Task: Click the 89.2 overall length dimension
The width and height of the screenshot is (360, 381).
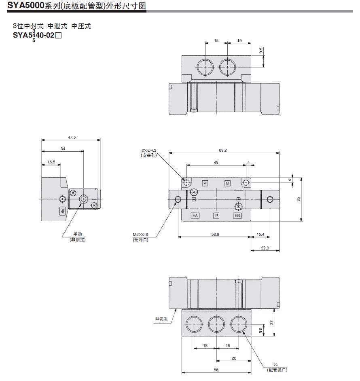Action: pos(223,150)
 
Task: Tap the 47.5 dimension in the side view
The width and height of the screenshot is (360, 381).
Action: pos(72,138)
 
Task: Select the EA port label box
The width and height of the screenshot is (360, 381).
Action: pos(195,216)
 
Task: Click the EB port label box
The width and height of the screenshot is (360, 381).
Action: pos(237,216)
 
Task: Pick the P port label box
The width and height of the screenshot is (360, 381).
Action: pos(216,216)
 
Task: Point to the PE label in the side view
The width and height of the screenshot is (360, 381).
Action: pos(63,211)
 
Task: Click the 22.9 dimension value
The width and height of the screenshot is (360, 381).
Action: pos(265,248)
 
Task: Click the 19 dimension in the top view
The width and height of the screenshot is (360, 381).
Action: pos(239,41)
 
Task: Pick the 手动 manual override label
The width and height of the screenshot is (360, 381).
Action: pos(78,234)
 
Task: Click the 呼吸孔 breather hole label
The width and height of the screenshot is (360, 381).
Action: pos(161,319)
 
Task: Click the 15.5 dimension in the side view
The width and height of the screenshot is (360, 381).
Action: pos(51,162)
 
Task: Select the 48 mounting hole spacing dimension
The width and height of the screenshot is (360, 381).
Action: pos(216,162)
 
